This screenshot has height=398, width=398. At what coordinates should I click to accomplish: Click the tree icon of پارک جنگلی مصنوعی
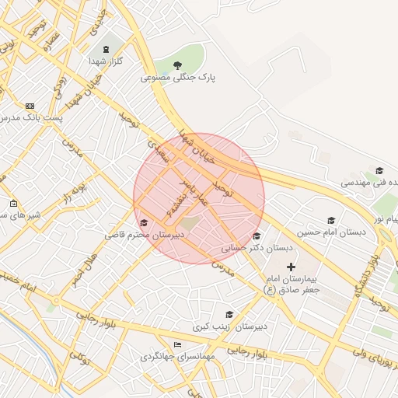click(x=178, y=65)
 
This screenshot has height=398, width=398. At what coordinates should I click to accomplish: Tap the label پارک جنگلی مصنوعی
click(x=178, y=78)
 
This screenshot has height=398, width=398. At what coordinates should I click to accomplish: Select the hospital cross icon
click(x=292, y=267)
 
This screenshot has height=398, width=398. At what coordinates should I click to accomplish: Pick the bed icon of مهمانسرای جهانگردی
click(x=178, y=344)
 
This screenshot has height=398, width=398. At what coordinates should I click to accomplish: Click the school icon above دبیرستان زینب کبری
click(x=229, y=314)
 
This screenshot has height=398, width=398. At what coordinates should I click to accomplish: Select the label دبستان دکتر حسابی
click(x=257, y=249)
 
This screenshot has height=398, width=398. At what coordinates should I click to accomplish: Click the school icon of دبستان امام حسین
click(x=331, y=220)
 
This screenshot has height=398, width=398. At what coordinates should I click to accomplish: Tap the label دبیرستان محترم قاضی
click(x=145, y=234)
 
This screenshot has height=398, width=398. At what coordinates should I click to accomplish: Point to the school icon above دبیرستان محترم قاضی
click(x=143, y=224)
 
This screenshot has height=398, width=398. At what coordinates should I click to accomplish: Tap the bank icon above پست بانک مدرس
click(x=30, y=106)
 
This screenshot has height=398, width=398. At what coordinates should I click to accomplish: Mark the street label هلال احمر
click(x=82, y=267)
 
